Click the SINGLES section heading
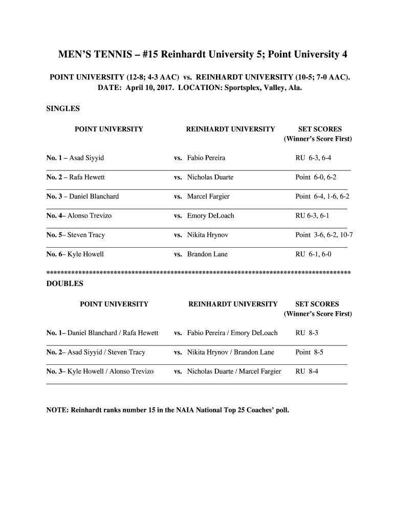63,109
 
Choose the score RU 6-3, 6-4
316,158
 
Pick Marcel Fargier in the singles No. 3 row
208,196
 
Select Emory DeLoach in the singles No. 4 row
210,216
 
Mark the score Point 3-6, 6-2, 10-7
324,235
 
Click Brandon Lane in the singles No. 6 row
207,254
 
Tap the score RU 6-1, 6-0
313,254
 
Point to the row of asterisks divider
199,272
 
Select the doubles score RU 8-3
307,333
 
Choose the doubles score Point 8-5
309,352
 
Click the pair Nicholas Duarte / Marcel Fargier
234,372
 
